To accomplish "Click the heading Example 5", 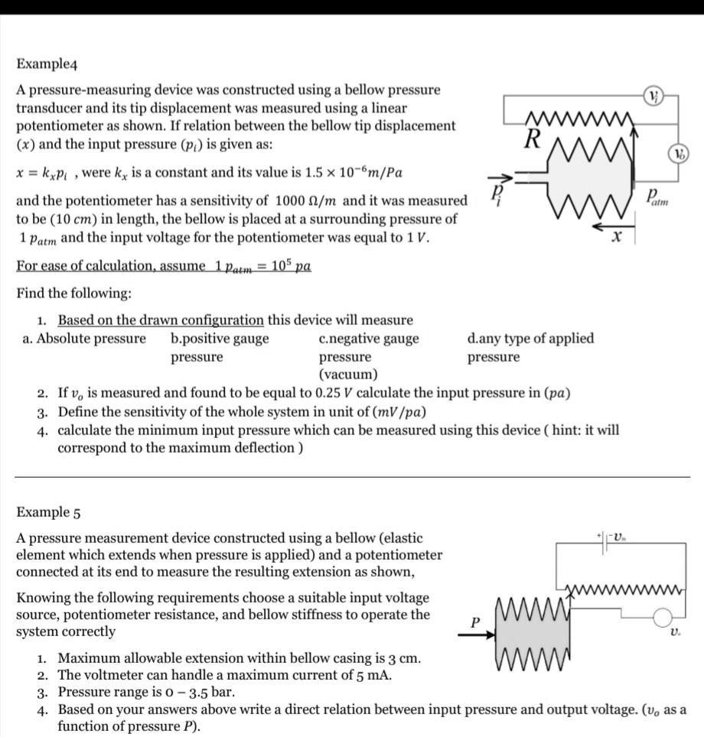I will coord(48,511).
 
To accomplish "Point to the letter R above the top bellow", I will coord(533,138).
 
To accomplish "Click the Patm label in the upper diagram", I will coord(656,198).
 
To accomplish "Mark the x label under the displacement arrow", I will coord(615,239).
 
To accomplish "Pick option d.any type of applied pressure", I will coord(530,347).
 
